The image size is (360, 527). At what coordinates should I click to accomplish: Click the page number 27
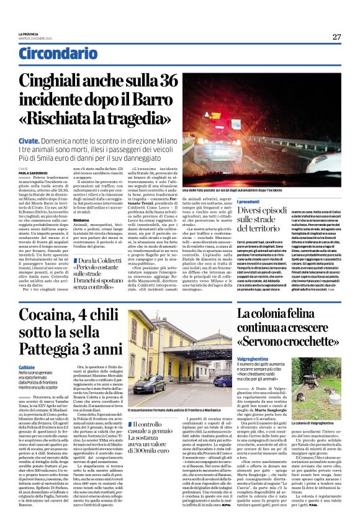coord(336,37)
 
